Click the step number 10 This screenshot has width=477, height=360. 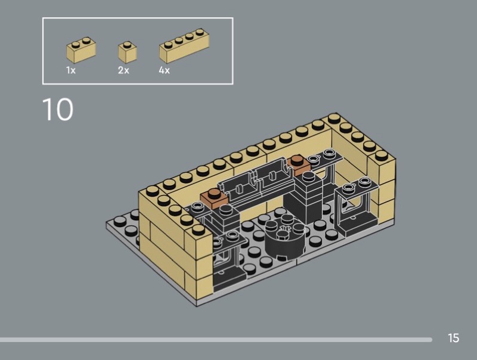(x=57, y=109)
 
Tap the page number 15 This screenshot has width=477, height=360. (x=453, y=338)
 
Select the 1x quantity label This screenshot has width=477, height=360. (x=71, y=70)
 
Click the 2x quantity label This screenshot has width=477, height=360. (x=123, y=70)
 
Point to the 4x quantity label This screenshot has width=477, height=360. (x=165, y=70)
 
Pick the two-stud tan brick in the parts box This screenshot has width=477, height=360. (x=81, y=50)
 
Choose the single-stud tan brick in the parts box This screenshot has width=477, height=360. (x=127, y=52)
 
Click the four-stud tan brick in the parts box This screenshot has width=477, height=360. (x=184, y=46)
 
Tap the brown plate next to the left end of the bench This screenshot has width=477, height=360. (x=214, y=198)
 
